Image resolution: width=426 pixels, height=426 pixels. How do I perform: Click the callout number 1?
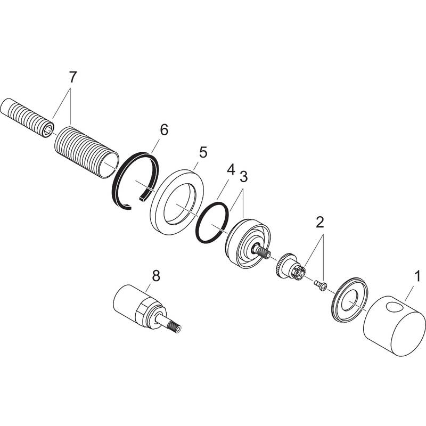tap(418, 276)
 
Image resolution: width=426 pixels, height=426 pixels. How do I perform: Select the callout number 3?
tap(244, 176)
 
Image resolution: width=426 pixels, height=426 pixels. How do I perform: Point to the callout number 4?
tap(230, 169)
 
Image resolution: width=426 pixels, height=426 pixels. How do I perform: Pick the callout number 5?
tap(202, 152)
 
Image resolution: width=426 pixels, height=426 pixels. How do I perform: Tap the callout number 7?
tap(72, 77)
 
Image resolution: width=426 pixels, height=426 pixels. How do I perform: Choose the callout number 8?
tap(155, 275)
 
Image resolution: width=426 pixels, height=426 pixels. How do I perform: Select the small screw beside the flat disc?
tap(318, 285)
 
